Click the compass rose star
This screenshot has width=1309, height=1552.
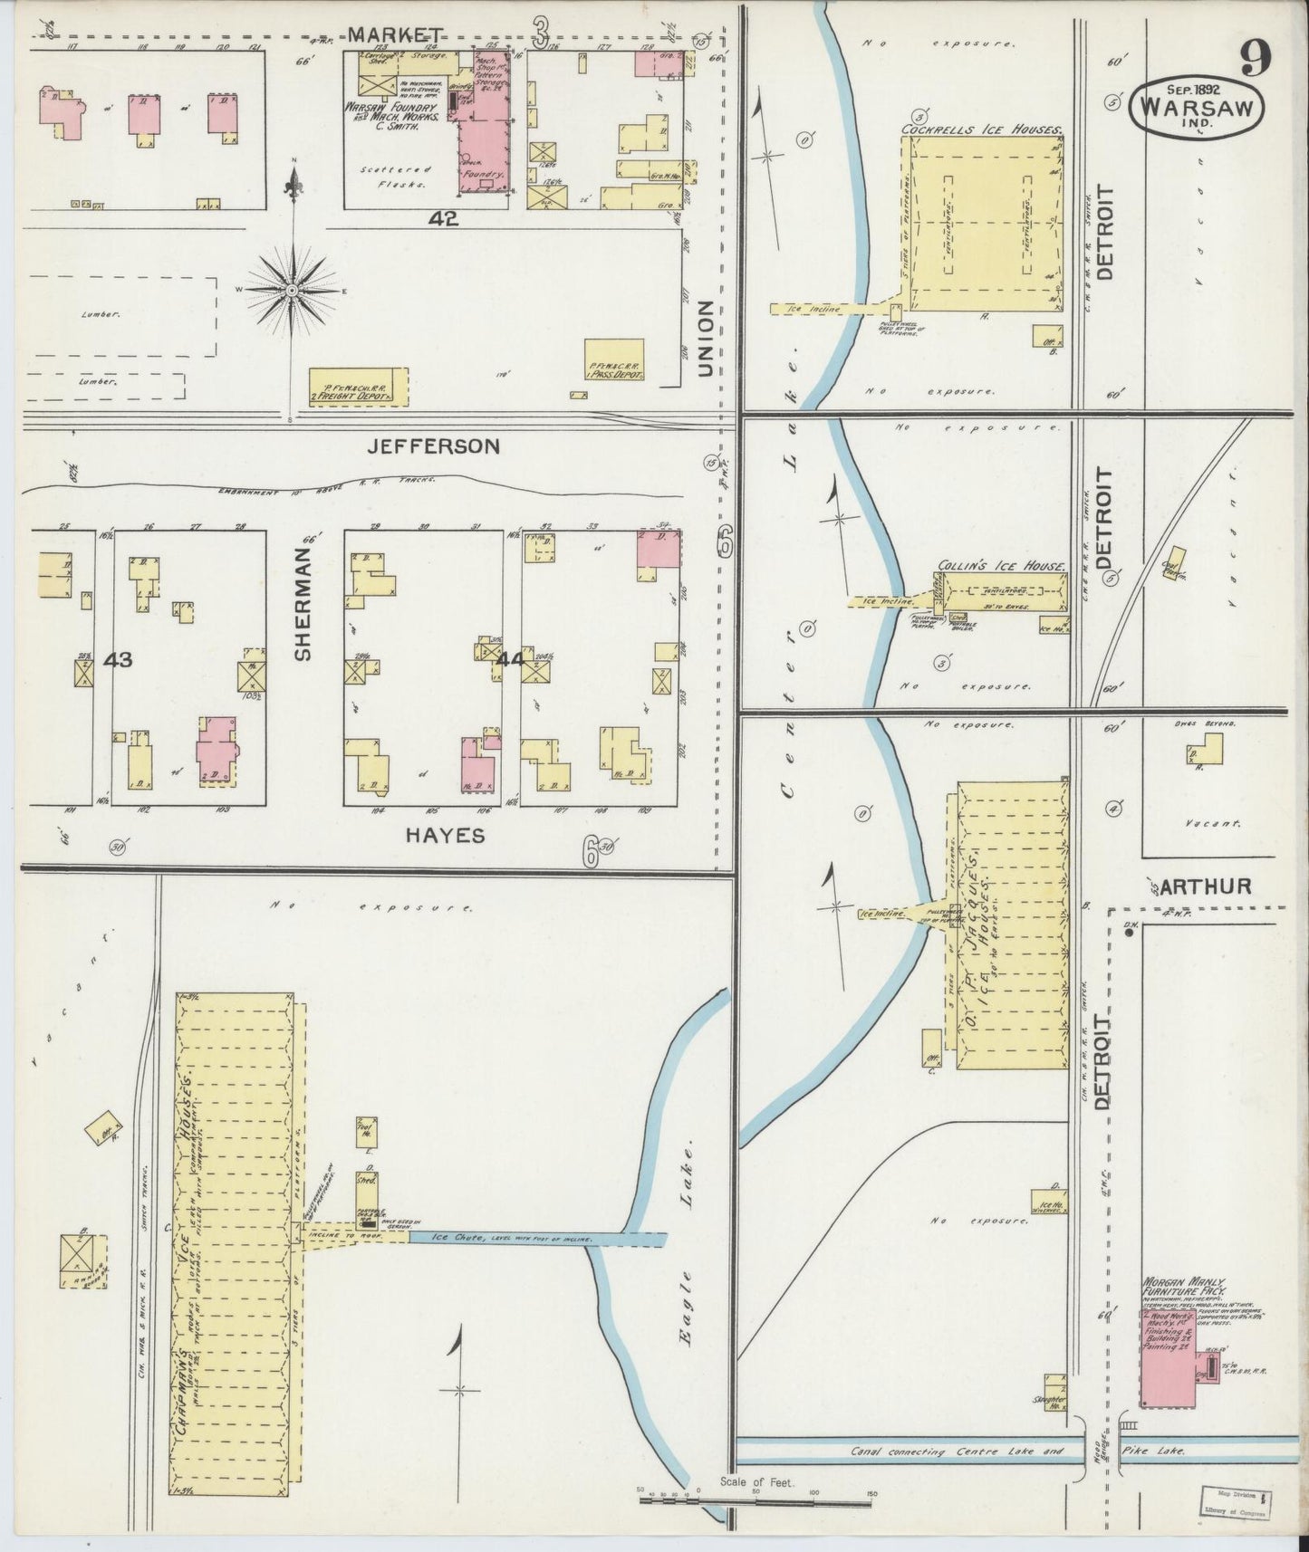coord(292,289)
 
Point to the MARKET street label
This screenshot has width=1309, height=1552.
coord(384,35)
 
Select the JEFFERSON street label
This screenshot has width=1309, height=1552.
coord(434,445)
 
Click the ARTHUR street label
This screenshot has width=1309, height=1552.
coord(1205,886)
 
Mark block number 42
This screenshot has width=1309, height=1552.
coord(445,218)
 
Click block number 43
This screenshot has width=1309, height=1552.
coord(118,660)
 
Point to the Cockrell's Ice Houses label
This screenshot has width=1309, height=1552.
coord(981,130)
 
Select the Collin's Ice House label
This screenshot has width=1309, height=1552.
coord(1001,566)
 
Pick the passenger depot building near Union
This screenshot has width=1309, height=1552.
coord(614,360)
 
